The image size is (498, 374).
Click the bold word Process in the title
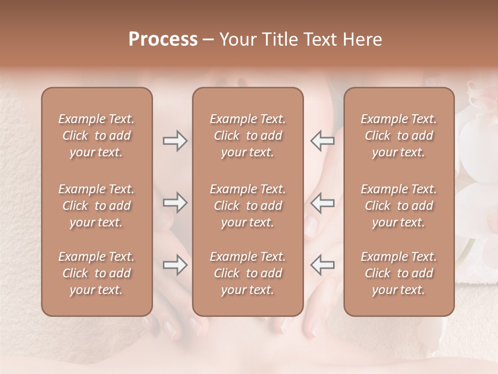[163, 39]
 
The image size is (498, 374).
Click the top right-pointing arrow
[175, 141]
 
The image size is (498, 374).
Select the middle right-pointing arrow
[175, 203]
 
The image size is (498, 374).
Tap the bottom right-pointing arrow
[175, 265]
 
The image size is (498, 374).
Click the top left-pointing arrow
[322, 140]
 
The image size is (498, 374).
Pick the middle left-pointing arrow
[322, 203]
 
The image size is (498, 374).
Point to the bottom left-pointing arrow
[322, 265]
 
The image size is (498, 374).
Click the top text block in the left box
[96, 136]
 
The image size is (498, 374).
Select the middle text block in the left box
[96, 206]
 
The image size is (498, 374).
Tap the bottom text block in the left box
[96, 273]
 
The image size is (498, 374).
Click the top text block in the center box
[247, 136]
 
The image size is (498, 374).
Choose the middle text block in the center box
[247, 206]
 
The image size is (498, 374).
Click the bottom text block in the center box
[247, 273]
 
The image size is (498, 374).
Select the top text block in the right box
[398, 136]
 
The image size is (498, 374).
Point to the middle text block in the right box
[398, 206]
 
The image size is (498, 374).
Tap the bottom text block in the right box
[398, 273]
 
